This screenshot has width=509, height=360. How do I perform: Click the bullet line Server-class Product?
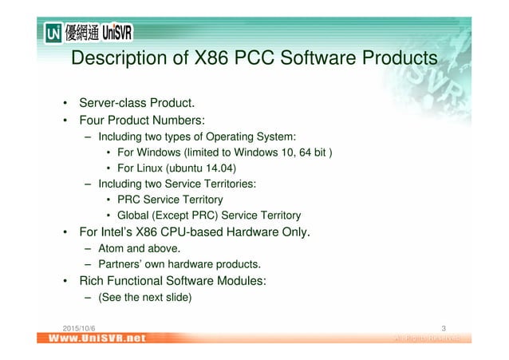[x=136, y=104]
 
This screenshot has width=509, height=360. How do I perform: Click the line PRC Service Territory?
[x=170, y=200]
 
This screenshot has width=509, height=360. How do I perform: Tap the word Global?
[x=134, y=216]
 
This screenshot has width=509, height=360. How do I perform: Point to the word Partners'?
[x=121, y=264]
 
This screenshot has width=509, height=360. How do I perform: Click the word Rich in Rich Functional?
[x=92, y=281]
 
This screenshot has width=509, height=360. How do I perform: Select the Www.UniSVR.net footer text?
[x=95, y=338]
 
